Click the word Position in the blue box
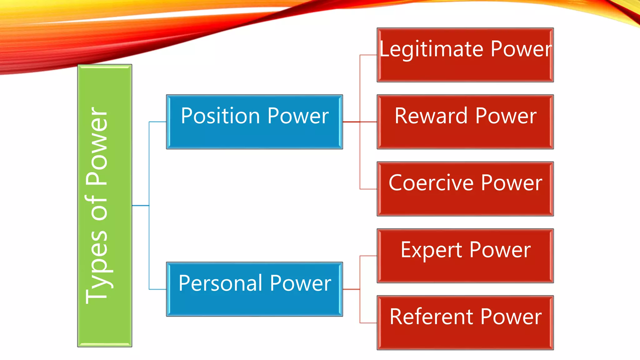[220, 116]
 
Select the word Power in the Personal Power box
[300, 283]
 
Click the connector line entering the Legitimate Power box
[368, 55]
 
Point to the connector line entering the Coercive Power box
[368, 189]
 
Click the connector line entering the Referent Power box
[368, 323]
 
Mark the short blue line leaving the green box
[140, 206]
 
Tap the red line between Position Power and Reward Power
[351, 122]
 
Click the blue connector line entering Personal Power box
[157, 289]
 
